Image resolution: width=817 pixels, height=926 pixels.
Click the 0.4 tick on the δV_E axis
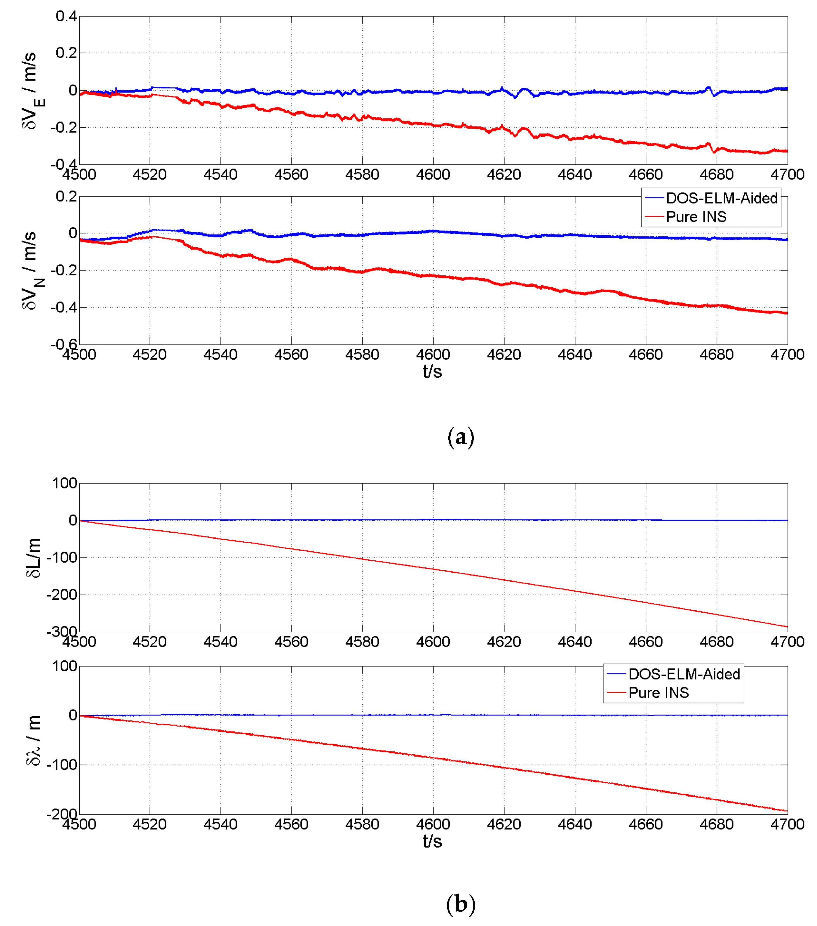(x=66, y=16)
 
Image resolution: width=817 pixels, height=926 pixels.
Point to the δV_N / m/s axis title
(x=32, y=270)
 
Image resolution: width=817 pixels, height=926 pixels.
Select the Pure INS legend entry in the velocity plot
(x=696, y=217)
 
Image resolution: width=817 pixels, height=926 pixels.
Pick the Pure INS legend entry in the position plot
(x=658, y=693)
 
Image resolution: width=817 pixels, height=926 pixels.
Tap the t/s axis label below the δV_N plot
(x=432, y=371)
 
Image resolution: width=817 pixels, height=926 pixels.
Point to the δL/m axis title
(x=33, y=558)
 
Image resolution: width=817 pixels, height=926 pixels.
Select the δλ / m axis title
(x=33, y=740)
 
